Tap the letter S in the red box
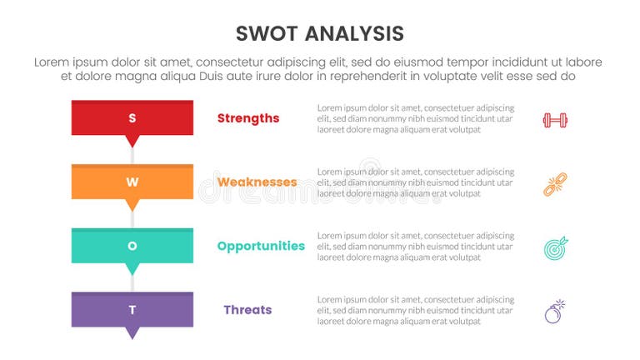132,118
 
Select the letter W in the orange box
132,182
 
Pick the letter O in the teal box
132,246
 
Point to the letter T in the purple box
132,310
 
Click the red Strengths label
248,118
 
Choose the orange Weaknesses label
257,182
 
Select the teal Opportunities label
261,246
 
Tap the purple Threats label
247,310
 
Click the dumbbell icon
555,120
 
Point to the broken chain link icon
555,184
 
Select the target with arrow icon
555,247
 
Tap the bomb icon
555,312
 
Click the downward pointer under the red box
132,141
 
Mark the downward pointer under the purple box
132,332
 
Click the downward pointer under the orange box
132,205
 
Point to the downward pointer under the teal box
132,268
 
